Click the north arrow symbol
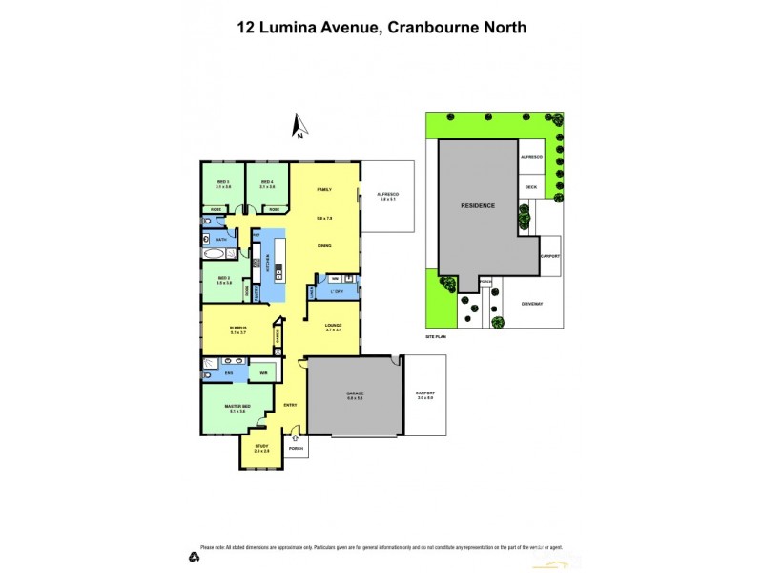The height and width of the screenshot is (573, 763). click(x=299, y=126)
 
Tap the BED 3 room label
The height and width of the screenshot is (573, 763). click(x=223, y=181)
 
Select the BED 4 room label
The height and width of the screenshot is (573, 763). click(x=267, y=181)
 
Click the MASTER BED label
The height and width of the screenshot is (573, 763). click(x=237, y=408)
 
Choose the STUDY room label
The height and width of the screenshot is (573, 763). click(x=261, y=446)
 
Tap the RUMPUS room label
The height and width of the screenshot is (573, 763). click(x=238, y=328)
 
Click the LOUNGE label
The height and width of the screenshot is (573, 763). click(x=333, y=326)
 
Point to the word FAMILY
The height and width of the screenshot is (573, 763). click(x=323, y=190)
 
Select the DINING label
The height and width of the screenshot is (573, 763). click(x=324, y=246)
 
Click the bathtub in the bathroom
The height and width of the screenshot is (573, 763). click(x=214, y=255)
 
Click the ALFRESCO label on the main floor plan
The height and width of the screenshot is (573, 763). click(x=388, y=193)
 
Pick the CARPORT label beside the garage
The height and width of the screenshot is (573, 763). click(x=425, y=393)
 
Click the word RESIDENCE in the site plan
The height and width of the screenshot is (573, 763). click(x=477, y=205)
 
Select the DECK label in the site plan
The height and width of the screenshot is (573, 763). click(x=531, y=186)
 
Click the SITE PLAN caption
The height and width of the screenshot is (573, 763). click(x=437, y=338)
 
